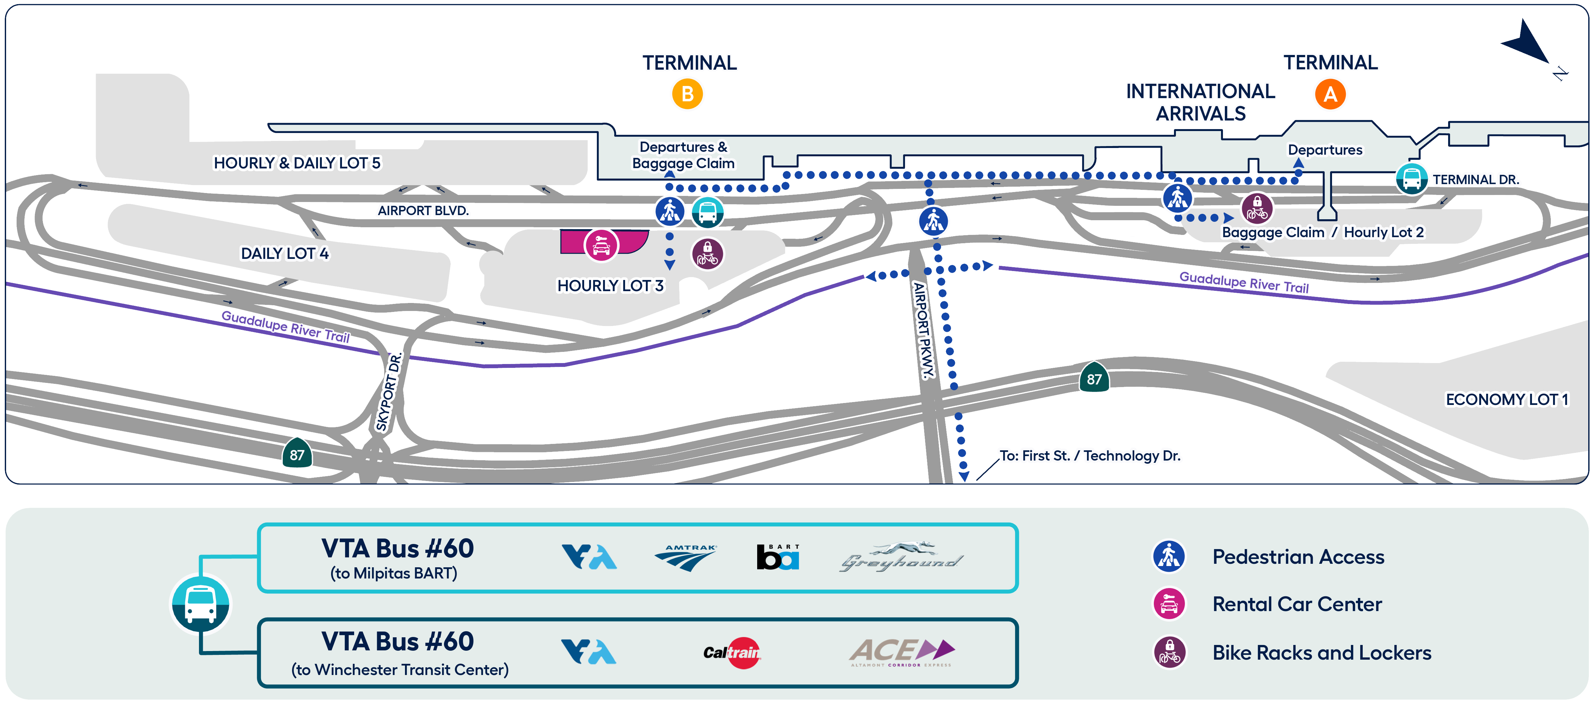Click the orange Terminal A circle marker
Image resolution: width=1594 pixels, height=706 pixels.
coord(1330,95)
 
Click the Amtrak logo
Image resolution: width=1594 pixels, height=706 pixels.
coord(685,557)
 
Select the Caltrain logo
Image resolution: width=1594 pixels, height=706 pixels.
coord(732,652)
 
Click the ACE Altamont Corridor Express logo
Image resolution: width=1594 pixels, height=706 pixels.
coord(901,652)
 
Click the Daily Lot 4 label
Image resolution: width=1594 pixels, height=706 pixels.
coord(285,253)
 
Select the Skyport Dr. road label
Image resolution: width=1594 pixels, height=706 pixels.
coord(389,392)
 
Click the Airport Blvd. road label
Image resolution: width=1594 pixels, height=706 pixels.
coord(423,211)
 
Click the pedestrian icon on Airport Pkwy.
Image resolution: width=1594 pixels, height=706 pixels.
coord(933,221)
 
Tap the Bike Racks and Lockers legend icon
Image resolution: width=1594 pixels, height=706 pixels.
coord(1169,652)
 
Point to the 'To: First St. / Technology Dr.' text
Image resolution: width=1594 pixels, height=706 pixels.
coord(1090,456)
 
